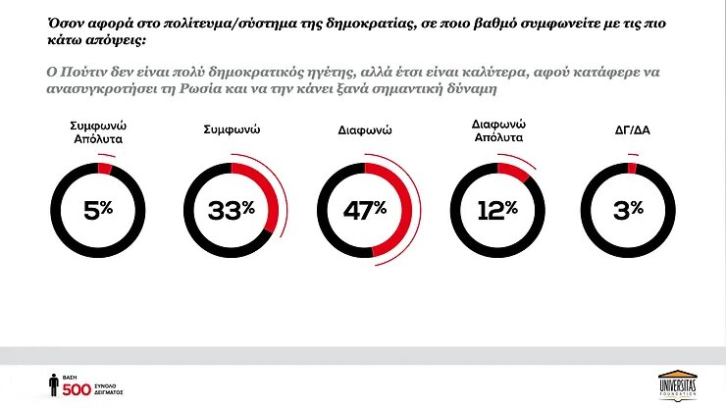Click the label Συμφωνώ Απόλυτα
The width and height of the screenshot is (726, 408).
(97, 133)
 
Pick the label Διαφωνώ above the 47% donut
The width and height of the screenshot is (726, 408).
(365, 128)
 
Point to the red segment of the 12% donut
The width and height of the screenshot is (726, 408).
(515, 171)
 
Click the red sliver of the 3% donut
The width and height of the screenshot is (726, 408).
(633, 168)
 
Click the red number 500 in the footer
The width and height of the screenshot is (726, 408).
(77, 389)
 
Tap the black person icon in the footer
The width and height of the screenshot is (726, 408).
(53, 384)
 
